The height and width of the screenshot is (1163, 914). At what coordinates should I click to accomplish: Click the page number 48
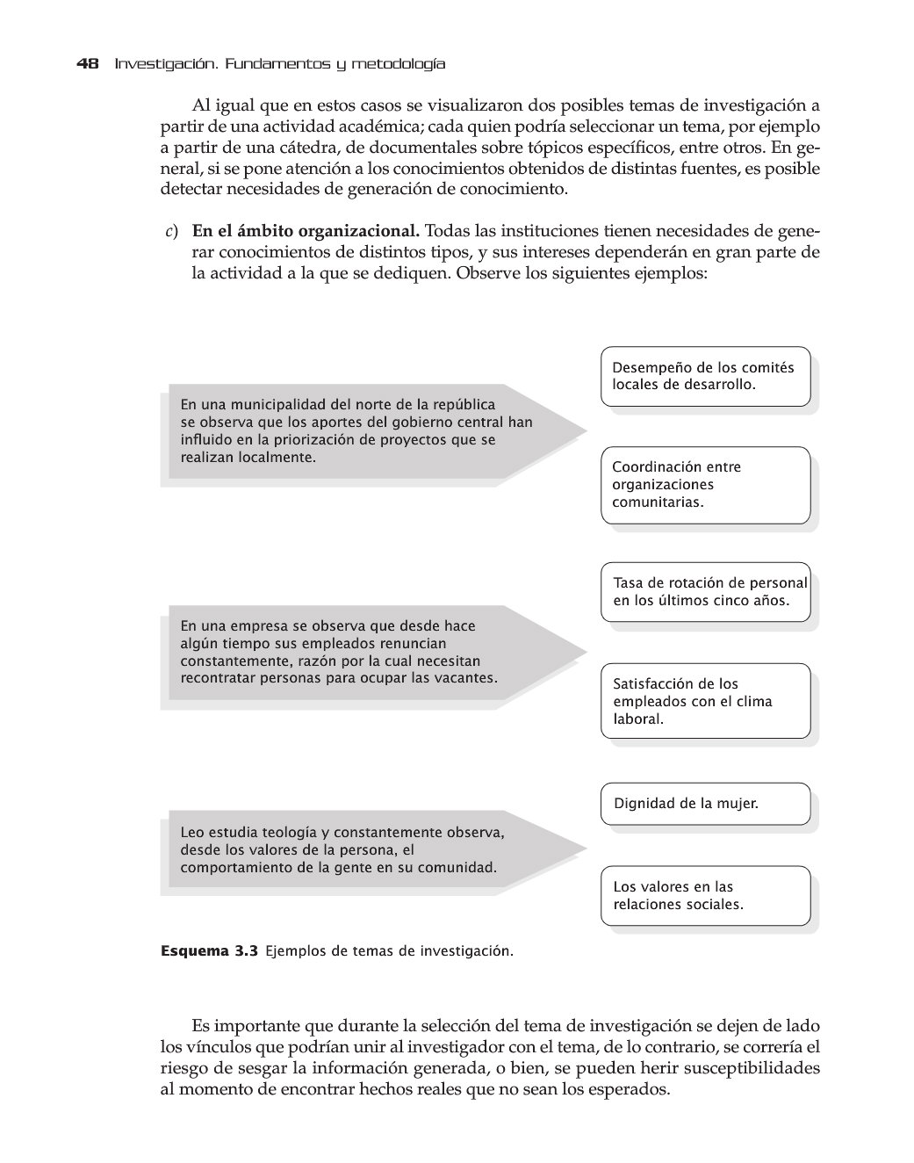click(x=87, y=64)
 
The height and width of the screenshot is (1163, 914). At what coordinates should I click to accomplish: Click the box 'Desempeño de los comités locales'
click(x=705, y=376)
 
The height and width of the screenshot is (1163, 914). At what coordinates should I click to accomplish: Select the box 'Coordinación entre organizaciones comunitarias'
click(x=705, y=485)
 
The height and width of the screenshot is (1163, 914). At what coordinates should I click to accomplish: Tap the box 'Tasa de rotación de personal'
click(x=705, y=592)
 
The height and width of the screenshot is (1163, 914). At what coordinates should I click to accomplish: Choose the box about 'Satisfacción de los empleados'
click(x=705, y=701)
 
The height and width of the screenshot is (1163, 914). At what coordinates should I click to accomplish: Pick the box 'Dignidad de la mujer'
click(x=705, y=804)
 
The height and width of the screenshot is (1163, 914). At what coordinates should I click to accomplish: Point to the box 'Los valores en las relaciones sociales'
click(x=705, y=895)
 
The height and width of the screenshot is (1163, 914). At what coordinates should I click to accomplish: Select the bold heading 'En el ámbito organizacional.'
click(x=306, y=232)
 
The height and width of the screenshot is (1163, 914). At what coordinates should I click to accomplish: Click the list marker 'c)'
click(x=171, y=232)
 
